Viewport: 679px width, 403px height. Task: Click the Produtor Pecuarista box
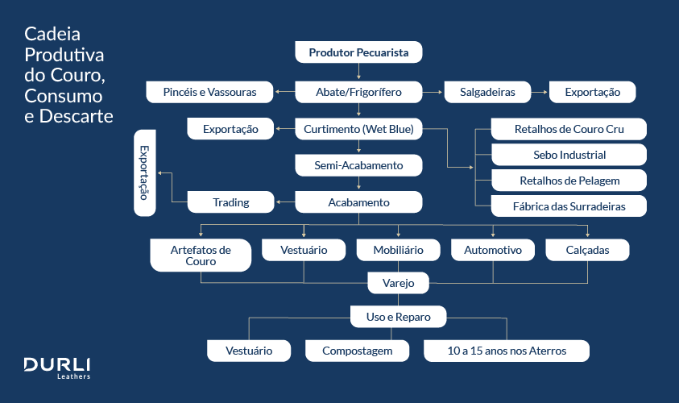pos(358,53)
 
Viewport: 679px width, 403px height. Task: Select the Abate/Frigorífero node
pos(358,92)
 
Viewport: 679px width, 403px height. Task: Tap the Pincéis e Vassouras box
pos(209,92)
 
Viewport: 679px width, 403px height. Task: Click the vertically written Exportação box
pos(145,172)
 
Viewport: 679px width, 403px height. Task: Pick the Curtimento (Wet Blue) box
pos(358,129)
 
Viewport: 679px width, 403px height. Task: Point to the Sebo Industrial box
pos(569,155)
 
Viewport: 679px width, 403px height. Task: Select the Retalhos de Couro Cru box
pos(569,129)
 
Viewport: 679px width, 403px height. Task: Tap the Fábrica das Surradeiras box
pos(569,206)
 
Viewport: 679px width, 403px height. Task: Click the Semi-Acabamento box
pos(358,166)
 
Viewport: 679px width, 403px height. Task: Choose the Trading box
pos(230,202)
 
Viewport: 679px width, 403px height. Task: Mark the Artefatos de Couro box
pos(201,256)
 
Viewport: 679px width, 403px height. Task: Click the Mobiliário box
pos(398,250)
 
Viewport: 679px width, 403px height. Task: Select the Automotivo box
pos(493,250)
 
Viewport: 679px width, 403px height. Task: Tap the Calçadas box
pos(587,250)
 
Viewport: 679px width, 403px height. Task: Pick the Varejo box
pos(398,283)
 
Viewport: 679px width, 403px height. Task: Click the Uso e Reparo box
pos(398,317)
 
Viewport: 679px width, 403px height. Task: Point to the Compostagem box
pos(357,351)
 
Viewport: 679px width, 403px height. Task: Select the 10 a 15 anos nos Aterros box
pos(507,351)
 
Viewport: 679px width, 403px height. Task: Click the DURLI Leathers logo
pos(56,367)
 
